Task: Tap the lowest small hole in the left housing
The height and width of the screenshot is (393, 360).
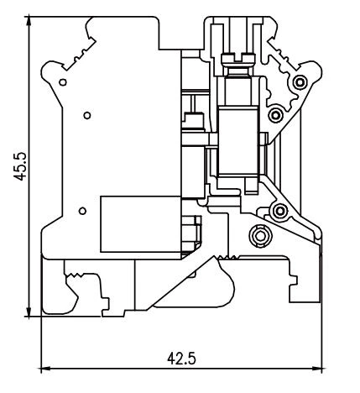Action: [x=81, y=210]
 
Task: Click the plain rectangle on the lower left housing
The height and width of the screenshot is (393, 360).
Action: [x=138, y=223]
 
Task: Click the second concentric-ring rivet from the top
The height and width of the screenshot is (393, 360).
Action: [x=274, y=113]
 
